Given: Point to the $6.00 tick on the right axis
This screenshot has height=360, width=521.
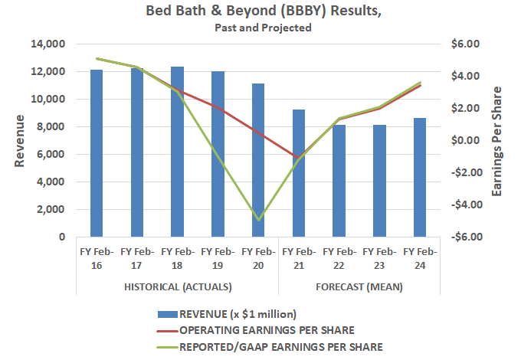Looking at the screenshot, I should (466, 44).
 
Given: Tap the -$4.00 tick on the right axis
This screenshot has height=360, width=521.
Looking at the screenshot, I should (464, 205).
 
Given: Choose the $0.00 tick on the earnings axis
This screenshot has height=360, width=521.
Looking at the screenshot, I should (466, 141).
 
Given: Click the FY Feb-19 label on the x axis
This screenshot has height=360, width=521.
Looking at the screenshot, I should (218, 257).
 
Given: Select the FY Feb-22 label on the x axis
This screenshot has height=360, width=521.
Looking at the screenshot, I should (339, 257).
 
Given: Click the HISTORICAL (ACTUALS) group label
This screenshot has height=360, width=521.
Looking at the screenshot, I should (177, 286).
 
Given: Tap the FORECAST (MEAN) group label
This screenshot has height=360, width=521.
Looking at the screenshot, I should (359, 286).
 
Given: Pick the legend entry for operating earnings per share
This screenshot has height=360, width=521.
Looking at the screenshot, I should (266, 330).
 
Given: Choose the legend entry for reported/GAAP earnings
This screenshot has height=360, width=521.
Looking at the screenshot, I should (281, 346).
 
